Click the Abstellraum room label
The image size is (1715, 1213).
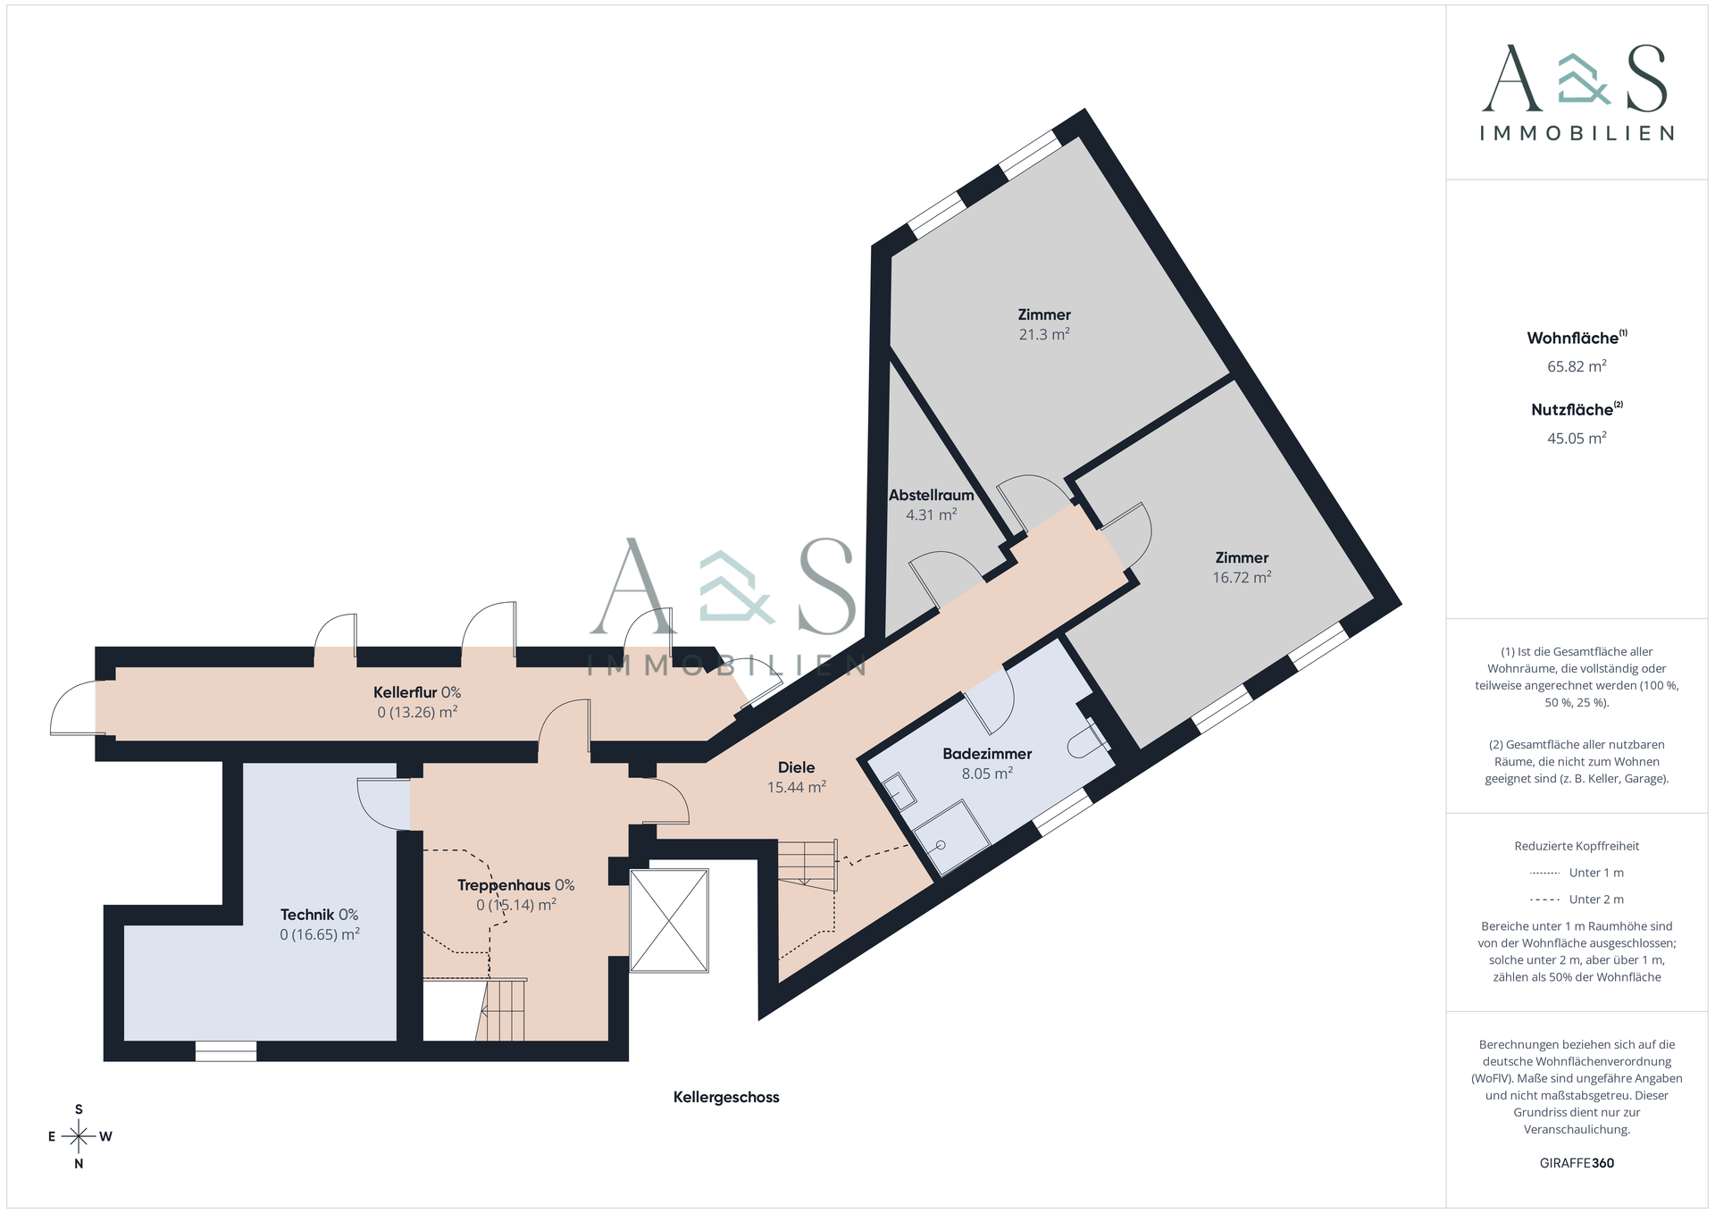[931, 495]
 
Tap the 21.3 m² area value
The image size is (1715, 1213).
[1043, 334]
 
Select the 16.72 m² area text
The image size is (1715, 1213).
[1241, 577]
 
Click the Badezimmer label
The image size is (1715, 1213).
[987, 754]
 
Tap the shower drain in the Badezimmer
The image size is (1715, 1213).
[941, 845]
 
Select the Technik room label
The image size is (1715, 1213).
[307, 915]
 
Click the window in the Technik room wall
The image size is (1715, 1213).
[225, 1051]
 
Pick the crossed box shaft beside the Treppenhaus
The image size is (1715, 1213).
[669, 920]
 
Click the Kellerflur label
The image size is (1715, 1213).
[405, 692]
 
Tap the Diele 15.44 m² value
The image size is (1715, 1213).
[796, 787]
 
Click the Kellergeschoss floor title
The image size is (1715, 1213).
[725, 1097]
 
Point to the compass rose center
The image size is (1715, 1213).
[79, 1136]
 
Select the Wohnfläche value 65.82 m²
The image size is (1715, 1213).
[1577, 366]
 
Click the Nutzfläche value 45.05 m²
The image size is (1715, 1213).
[1577, 438]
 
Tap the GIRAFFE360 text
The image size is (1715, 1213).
[1577, 1163]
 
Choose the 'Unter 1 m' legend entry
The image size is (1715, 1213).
[1577, 873]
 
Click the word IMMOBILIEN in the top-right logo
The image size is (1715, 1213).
[1577, 133]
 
